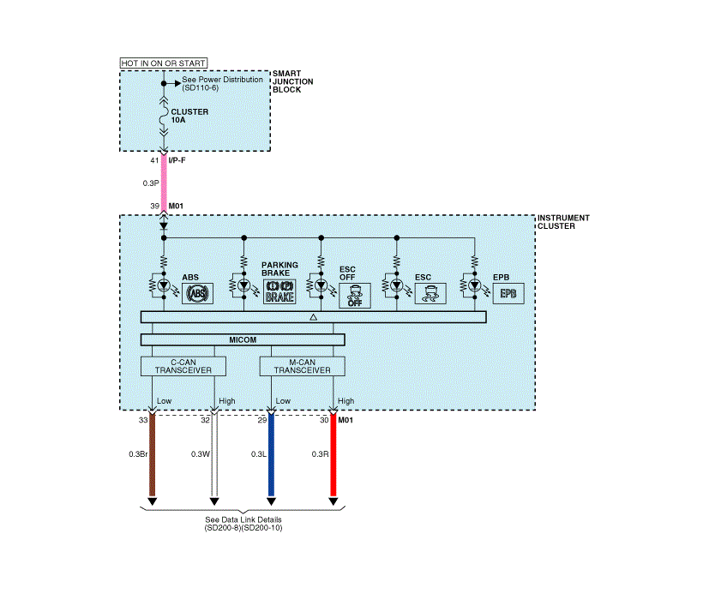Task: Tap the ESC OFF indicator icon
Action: (x=354, y=296)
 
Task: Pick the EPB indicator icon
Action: (x=508, y=293)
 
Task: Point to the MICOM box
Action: (x=243, y=340)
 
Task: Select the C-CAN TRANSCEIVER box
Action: (x=183, y=367)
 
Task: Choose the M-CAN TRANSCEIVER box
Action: (x=302, y=367)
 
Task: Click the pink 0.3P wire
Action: (x=164, y=183)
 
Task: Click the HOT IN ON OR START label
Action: (x=158, y=63)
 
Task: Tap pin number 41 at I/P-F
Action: (x=154, y=160)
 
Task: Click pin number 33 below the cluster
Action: (x=143, y=421)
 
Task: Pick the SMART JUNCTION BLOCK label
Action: (x=291, y=81)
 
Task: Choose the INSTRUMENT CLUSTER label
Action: (x=563, y=222)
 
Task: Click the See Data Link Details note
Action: (x=243, y=524)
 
